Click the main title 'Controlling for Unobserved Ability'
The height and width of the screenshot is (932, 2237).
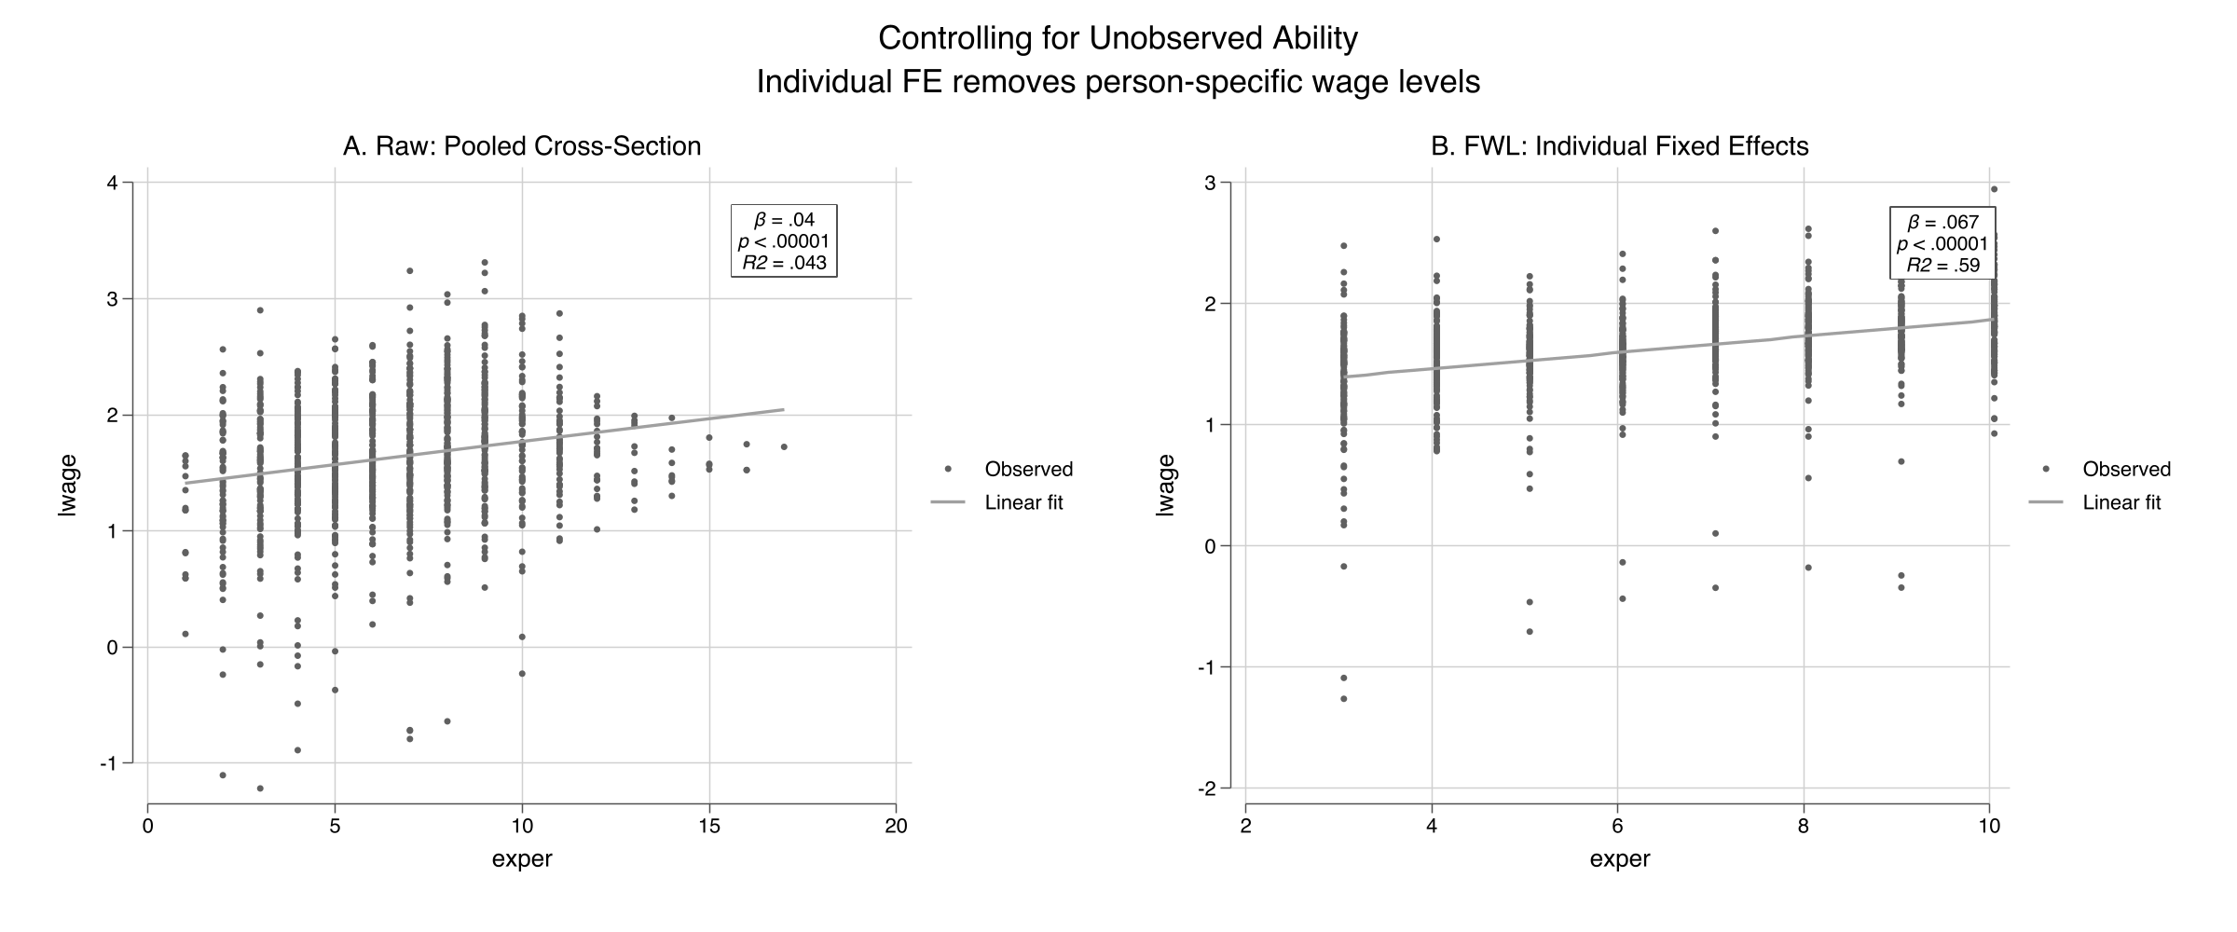click(1118, 38)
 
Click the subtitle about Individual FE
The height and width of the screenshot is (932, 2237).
click(1118, 82)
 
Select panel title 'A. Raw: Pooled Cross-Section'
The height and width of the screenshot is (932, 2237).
click(522, 146)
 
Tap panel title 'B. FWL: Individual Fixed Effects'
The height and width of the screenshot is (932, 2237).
click(1619, 146)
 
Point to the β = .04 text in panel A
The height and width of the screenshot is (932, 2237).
click(784, 221)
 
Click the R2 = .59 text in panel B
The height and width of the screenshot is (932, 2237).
click(1942, 266)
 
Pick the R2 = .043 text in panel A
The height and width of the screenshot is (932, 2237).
click(784, 264)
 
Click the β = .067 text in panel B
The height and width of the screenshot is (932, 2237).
click(1942, 223)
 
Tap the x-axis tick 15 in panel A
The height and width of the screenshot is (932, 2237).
click(709, 827)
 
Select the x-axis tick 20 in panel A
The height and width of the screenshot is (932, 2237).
click(896, 827)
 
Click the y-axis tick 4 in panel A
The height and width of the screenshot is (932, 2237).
click(112, 183)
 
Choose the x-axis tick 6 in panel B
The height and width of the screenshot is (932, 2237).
click(1618, 827)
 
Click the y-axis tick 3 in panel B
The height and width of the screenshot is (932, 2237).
click(1209, 183)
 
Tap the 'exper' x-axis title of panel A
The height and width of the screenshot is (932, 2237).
click(522, 859)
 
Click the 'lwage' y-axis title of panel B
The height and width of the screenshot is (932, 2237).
click(1166, 485)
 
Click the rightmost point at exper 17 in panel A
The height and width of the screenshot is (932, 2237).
click(784, 446)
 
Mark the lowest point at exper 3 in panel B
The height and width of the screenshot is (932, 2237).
click(1344, 698)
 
